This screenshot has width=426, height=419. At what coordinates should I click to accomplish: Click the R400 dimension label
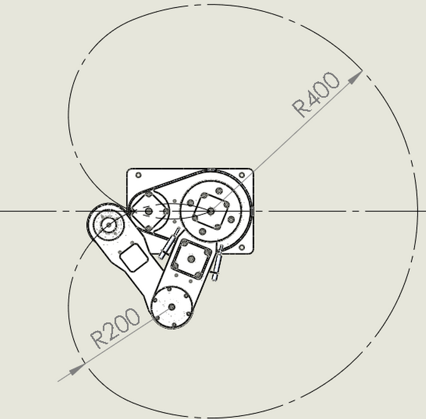coord(315,94)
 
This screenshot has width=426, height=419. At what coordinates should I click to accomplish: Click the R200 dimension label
coord(115,328)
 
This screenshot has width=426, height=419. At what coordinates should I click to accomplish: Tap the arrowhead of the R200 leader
coord(77,369)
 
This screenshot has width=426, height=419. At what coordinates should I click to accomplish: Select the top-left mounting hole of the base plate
coord(138,175)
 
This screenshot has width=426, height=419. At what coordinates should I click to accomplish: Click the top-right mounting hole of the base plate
coord(242,175)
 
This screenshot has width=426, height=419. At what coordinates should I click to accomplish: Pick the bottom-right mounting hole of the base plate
coord(242,247)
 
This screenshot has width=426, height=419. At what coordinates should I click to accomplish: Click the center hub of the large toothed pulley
coord(211,210)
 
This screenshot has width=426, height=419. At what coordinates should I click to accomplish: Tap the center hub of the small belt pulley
coord(148,211)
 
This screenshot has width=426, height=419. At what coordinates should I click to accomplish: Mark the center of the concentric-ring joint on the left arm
coord(109,225)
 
